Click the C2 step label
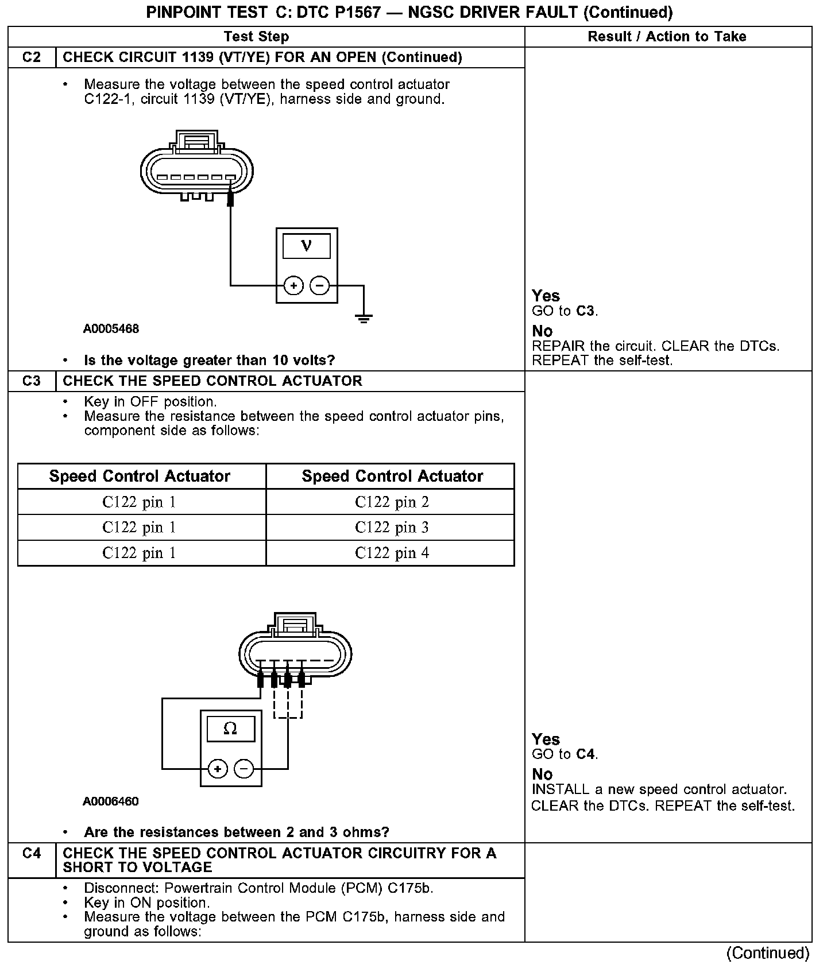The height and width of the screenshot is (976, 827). point(32,57)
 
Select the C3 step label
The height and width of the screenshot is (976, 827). point(32,381)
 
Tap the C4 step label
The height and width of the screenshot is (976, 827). point(32,854)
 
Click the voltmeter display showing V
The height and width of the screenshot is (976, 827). point(307,246)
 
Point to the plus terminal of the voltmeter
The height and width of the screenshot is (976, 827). point(293,285)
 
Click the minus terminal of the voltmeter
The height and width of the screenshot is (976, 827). point(320,285)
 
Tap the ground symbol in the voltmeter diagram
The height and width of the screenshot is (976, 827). point(364,318)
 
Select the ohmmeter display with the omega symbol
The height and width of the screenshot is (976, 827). point(230,729)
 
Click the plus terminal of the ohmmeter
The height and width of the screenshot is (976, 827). point(218,769)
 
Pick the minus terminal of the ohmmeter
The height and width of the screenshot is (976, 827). point(244,769)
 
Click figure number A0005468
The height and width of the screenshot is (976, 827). point(111,329)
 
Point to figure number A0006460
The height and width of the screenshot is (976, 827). point(110,801)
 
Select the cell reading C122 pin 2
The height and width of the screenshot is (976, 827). point(392,502)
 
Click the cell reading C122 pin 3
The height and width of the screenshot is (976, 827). point(392,528)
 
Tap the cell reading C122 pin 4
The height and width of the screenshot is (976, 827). point(392,553)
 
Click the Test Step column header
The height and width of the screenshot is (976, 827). point(256,37)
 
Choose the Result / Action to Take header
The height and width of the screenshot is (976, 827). point(667,37)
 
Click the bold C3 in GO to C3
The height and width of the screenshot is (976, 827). point(586,311)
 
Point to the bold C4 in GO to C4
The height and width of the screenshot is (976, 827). point(586,754)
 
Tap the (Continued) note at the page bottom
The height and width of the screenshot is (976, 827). point(767,954)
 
